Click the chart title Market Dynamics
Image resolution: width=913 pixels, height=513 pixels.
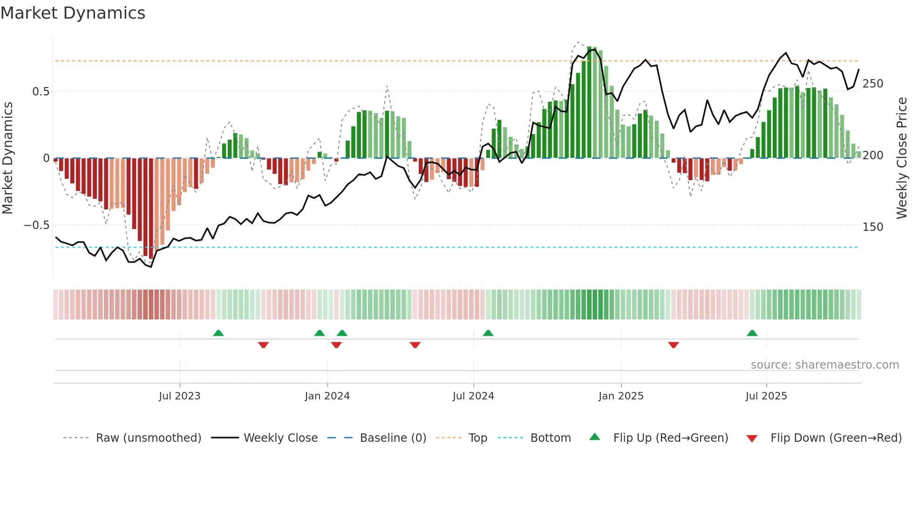click(73, 13)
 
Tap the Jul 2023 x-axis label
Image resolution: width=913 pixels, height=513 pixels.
click(179, 396)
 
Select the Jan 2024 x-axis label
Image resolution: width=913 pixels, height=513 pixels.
click(327, 396)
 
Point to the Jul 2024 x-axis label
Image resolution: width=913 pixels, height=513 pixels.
click(473, 396)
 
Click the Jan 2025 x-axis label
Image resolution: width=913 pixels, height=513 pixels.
click(621, 396)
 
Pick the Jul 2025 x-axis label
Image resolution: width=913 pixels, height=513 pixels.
click(766, 396)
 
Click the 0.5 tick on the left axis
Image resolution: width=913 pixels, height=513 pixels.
click(41, 92)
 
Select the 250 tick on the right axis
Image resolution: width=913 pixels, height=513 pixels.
click(872, 84)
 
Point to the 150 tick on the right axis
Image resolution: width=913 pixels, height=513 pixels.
click(872, 227)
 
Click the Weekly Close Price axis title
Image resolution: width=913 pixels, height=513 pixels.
click(902, 158)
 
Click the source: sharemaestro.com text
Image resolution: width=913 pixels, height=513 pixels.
click(824, 365)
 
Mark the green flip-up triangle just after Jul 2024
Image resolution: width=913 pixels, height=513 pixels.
click(488, 333)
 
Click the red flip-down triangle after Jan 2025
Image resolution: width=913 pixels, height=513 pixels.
click(673, 345)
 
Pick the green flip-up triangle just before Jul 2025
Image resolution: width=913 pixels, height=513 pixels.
click(752, 333)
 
